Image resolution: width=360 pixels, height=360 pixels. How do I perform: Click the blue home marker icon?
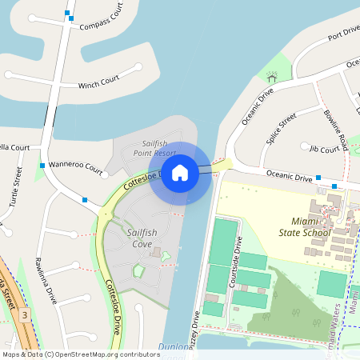[180, 173]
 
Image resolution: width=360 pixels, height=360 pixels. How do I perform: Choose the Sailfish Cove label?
[128, 238]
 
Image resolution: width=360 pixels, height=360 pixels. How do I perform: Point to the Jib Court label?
[324, 149]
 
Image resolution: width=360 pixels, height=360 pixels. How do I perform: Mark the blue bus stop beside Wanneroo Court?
[42, 165]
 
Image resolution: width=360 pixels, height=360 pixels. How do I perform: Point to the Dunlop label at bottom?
[174, 346]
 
